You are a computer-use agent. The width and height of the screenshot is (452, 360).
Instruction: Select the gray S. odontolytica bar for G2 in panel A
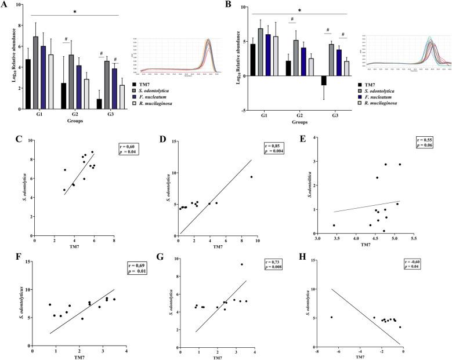pos(71,82)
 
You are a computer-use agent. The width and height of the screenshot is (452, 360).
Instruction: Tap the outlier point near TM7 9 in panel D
pos(251,177)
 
